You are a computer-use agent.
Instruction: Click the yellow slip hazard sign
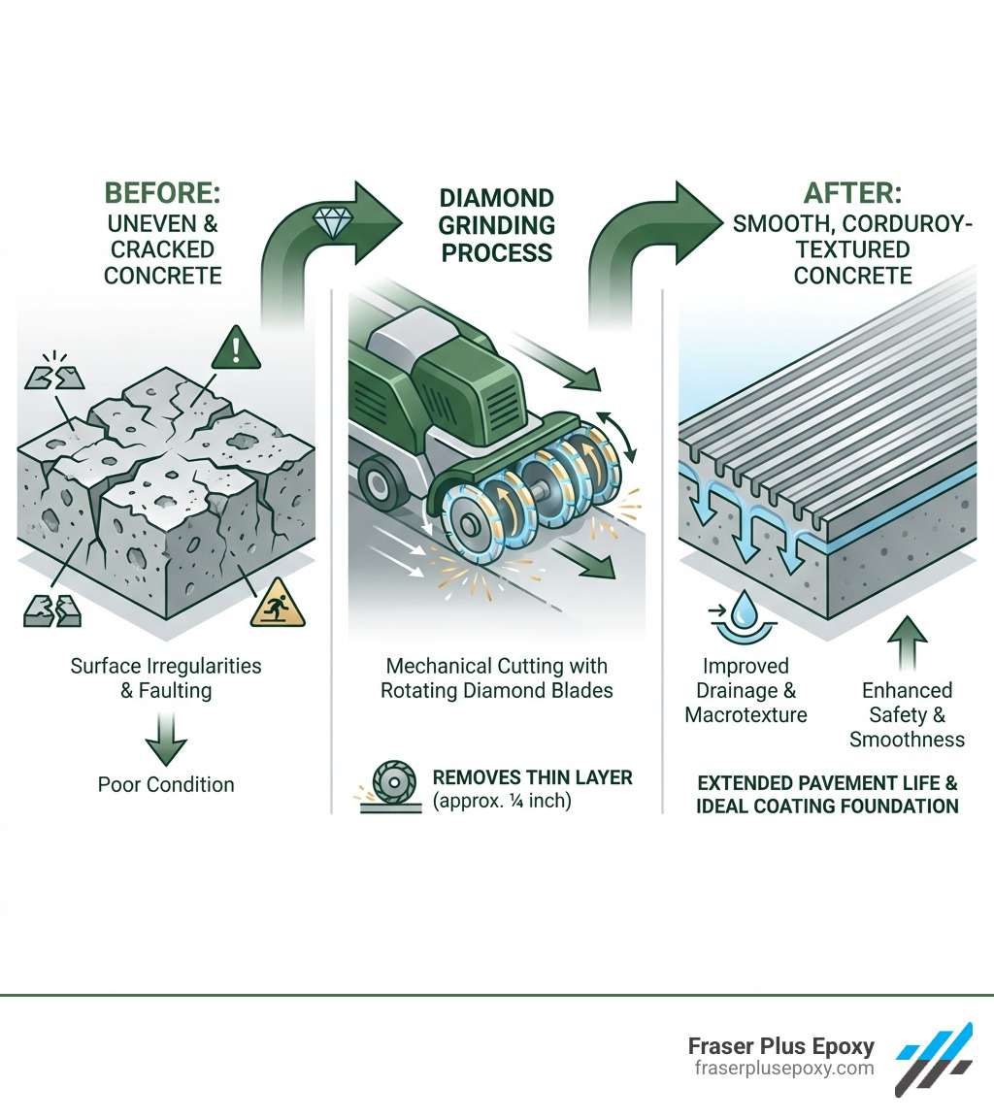pos(277,604)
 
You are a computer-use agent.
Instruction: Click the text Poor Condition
pos(166,784)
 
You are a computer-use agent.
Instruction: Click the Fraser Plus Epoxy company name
pos(781,1047)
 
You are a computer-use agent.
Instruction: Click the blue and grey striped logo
pos(934,1057)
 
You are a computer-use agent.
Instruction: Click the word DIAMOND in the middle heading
pos(496,199)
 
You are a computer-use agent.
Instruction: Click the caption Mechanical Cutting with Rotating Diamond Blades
pos(497,678)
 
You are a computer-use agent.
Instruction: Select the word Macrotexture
pos(745,715)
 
